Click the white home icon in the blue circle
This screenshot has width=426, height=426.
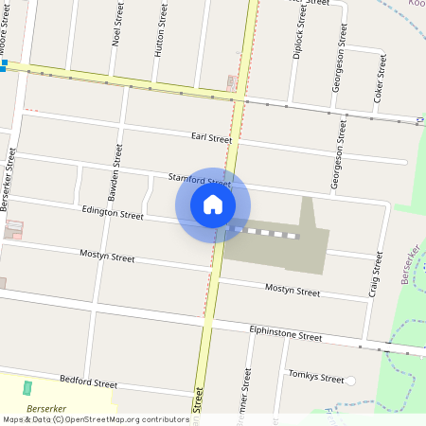click(213, 204)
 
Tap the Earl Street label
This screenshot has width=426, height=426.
click(210, 138)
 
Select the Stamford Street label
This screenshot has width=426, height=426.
click(199, 179)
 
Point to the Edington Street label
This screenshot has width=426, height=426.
click(113, 215)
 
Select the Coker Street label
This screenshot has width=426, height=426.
click(380, 78)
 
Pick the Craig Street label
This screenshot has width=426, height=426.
click(376, 275)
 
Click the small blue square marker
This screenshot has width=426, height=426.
click(4, 64)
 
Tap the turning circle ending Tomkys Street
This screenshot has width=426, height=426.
click(350, 381)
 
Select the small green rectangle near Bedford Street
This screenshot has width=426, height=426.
click(27, 388)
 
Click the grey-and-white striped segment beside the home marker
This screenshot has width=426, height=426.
click(265, 232)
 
